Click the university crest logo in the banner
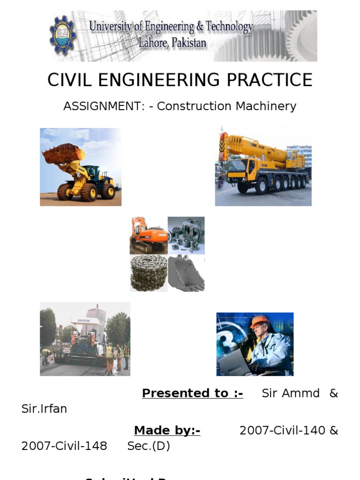(x=62, y=35)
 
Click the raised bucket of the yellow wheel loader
(x=63, y=153)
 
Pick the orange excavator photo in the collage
(x=148, y=235)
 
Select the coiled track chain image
(x=148, y=273)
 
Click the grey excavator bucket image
(x=186, y=273)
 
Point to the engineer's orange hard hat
(x=259, y=322)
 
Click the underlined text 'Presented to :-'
(x=192, y=393)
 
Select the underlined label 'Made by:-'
(x=167, y=430)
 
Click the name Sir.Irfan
(x=44, y=409)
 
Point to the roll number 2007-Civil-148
(x=64, y=446)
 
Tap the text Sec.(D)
(x=149, y=446)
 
